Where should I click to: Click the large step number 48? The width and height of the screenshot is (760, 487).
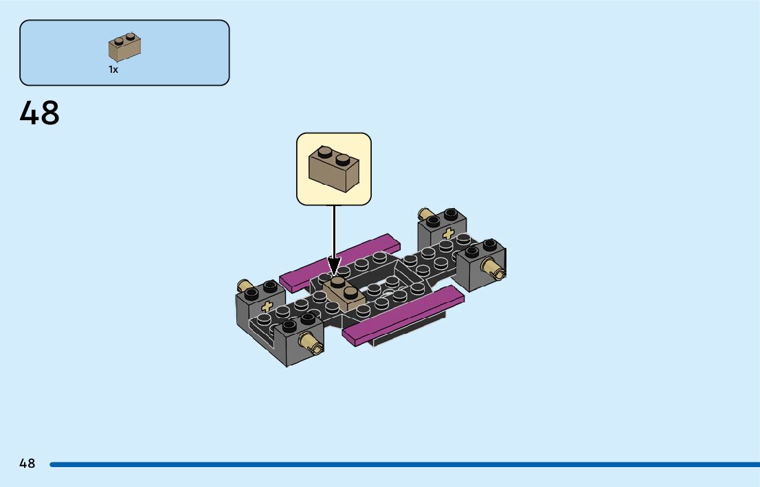pos(40,113)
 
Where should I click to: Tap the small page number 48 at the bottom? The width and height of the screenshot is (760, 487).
pos(27,464)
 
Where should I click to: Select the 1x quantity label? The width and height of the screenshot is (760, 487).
pos(113,69)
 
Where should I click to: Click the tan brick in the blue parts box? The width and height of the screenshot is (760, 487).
pos(124,47)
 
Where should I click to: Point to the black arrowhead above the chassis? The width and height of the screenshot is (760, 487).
pos(334,266)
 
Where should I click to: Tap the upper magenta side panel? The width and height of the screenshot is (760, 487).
pos(341,262)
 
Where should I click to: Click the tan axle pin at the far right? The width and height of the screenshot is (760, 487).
pos(493,269)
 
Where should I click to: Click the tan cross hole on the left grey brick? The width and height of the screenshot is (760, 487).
pos(267,307)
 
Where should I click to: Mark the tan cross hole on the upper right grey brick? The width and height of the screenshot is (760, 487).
pos(449,233)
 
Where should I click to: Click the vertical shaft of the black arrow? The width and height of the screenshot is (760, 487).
pos(334,230)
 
